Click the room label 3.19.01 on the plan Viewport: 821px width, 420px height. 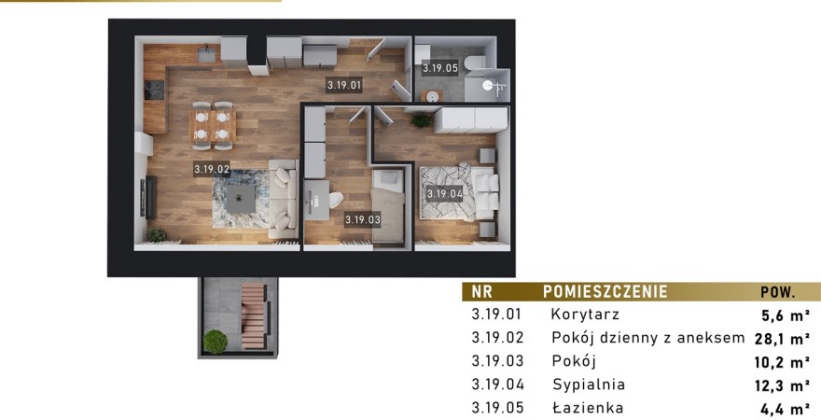click(x=344, y=85)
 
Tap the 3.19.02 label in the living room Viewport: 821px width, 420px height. click(x=212, y=169)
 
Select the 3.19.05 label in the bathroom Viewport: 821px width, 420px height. click(x=440, y=68)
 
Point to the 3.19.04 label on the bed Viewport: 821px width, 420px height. click(x=444, y=194)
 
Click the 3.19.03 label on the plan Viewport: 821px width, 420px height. click(x=362, y=220)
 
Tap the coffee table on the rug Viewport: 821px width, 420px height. click(x=241, y=199)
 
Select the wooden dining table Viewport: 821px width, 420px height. click(x=212, y=126)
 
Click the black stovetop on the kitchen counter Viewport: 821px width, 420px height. click(x=154, y=90)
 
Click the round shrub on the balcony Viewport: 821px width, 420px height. click(x=216, y=342)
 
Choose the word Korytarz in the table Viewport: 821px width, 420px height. click(x=585, y=315)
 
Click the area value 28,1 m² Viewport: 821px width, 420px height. click(x=782, y=339)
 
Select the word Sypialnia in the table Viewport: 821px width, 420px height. click(x=589, y=385)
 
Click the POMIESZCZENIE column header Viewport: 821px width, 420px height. click(x=605, y=291)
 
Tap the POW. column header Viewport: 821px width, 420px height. click(x=778, y=292)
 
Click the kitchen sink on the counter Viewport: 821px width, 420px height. click(x=207, y=54)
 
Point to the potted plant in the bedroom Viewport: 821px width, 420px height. click(x=422, y=119)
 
